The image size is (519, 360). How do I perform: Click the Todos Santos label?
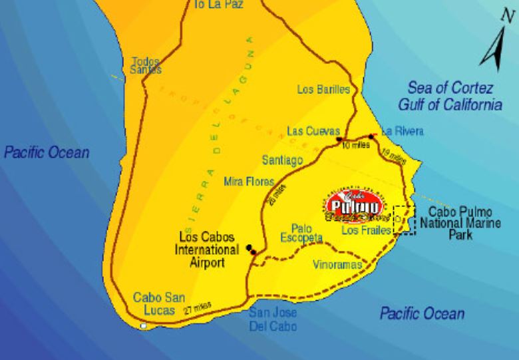(x=146, y=65)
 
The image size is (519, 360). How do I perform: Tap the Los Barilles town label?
(x=323, y=90)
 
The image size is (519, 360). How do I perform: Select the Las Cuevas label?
(x=313, y=130)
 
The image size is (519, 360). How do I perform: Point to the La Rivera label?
(x=402, y=131)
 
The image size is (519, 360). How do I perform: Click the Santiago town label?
(x=282, y=160)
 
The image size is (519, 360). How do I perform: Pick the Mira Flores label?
(x=250, y=182)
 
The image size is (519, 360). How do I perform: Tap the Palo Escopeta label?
(x=301, y=233)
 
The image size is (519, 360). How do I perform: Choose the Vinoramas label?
(x=337, y=265)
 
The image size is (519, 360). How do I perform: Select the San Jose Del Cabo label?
(x=273, y=319)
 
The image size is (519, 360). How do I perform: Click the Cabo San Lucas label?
(x=159, y=303)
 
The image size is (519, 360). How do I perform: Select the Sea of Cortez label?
(x=450, y=96)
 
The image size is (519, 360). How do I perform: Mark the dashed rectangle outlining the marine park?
(x=404, y=220)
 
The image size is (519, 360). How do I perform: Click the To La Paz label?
(x=218, y=5)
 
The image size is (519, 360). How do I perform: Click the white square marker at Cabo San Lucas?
(x=144, y=325)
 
